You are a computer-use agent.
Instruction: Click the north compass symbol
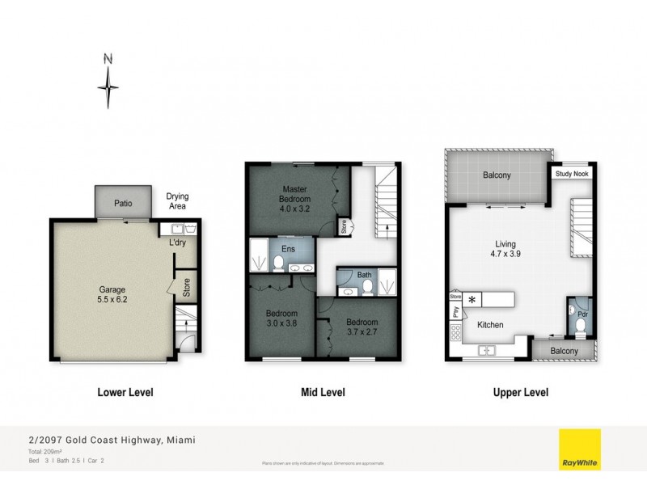click(x=108, y=84)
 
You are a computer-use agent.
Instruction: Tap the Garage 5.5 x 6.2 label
click(x=112, y=293)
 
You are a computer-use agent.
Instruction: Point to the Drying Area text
click(x=177, y=201)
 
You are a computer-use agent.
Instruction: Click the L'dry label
click(x=178, y=242)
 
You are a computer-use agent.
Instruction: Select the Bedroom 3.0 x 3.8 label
click(x=282, y=318)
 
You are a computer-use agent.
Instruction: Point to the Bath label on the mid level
click(x=366, y=275)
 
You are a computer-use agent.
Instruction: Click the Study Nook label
click(x=569, y=174)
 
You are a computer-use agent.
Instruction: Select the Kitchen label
click(x=490, y=325)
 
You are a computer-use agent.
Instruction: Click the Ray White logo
click(x=580, y=449)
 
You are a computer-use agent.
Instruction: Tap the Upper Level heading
click(x=522, y=393)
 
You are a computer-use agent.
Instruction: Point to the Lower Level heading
click(x=125, y=393)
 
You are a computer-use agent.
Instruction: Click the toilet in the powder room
click(x=581, y=326)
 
